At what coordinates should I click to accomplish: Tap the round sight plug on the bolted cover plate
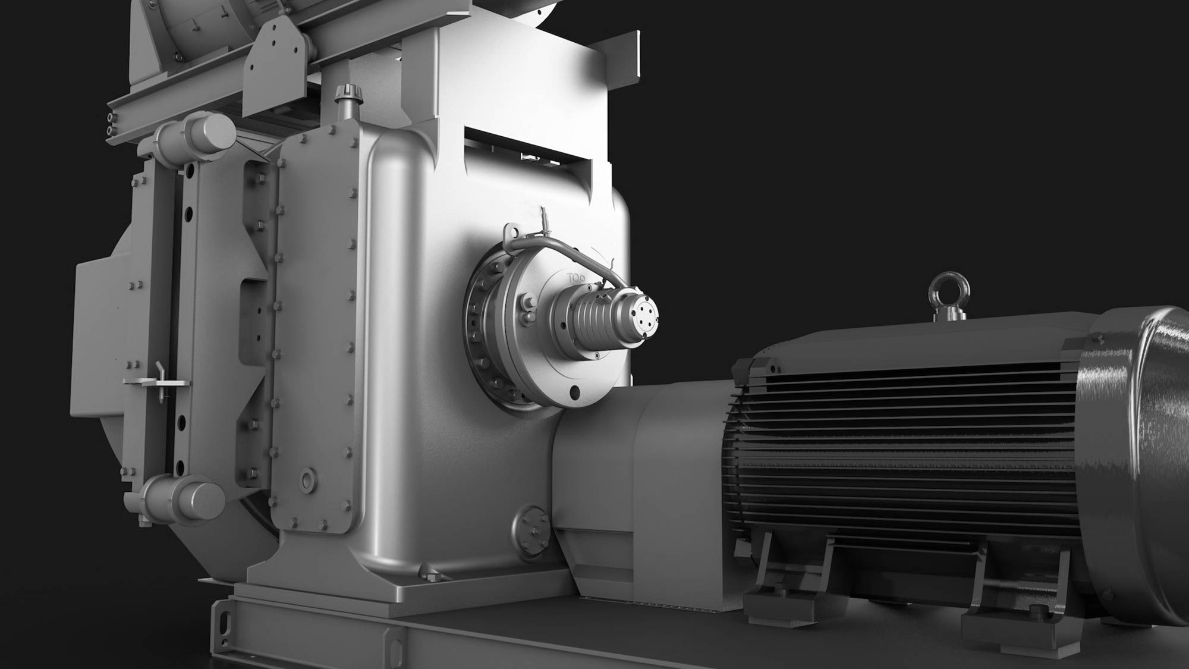click(309, 479)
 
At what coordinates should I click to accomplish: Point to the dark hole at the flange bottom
click(574, 392)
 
